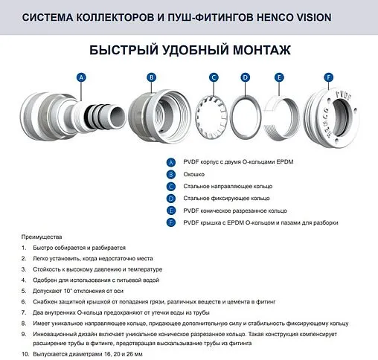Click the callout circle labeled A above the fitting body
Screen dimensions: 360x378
point(82,77)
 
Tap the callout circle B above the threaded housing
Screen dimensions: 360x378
point(151,77)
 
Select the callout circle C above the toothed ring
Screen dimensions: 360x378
point(214,77)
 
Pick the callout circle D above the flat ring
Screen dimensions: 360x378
point(246,77)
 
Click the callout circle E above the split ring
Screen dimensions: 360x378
point(279,77)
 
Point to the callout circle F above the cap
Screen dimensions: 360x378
point(329,77)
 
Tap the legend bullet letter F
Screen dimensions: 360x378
point(171,222)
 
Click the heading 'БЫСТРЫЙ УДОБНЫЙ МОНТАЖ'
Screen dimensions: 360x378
point(188,51)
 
